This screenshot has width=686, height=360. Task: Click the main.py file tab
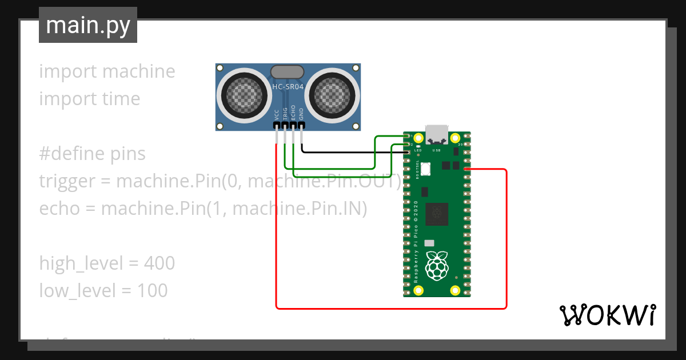pos(87,26)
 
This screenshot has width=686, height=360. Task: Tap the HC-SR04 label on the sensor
pos(288,87)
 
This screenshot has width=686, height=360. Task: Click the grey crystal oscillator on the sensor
pos(288,71)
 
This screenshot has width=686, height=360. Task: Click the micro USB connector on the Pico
pos(437,133)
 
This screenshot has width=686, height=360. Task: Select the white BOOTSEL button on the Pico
pos(426,169)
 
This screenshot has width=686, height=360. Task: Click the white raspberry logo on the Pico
pos(438,265)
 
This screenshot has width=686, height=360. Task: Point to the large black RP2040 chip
pos(438,214)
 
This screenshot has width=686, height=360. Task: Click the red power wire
pos(506,240)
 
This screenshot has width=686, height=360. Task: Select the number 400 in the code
pos(159,263)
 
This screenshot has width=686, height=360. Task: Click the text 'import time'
pos(89,99)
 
